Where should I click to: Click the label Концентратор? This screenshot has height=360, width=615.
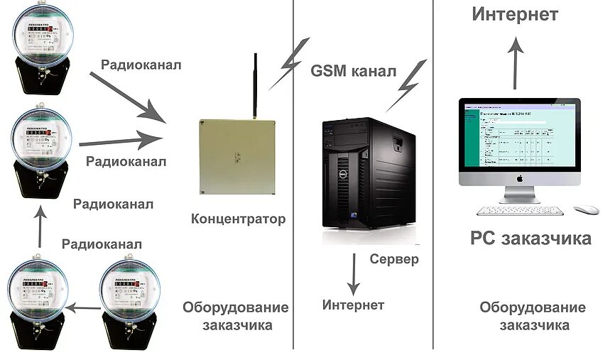point(238,219)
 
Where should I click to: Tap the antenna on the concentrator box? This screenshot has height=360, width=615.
point(253,85)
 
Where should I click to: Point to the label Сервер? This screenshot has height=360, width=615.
point(394,259)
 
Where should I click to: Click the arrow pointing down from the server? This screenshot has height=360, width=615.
point(352,276)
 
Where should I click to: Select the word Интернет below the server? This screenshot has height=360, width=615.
point(353,305)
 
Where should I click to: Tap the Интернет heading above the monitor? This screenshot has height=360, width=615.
point(515,14)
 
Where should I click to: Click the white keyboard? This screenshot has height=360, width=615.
point(520,211)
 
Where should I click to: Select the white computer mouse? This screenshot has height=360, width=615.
point(586,210)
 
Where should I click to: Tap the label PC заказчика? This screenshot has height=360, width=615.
point(530,239)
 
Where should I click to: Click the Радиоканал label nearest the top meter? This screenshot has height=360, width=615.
point(141,65)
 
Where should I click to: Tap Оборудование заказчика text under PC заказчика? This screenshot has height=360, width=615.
point(533,317)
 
